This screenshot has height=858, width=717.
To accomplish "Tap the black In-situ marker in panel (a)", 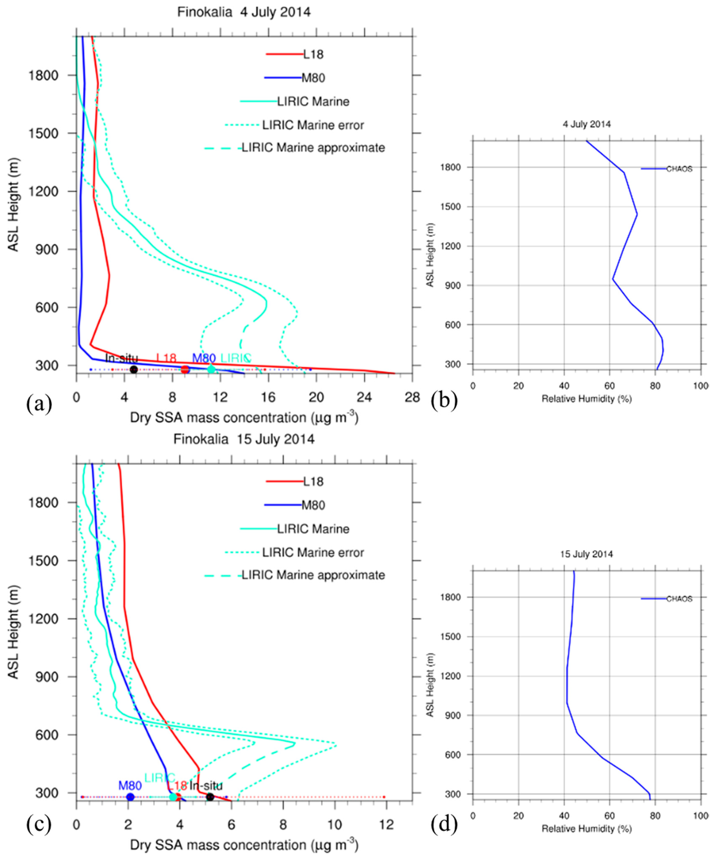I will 134,370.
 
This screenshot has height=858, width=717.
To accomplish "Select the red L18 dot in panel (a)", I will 185,370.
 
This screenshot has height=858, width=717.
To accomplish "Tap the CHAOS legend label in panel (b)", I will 679,169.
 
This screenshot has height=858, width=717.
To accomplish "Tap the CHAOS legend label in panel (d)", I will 679,599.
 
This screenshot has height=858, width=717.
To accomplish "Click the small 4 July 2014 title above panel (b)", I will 587,124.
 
